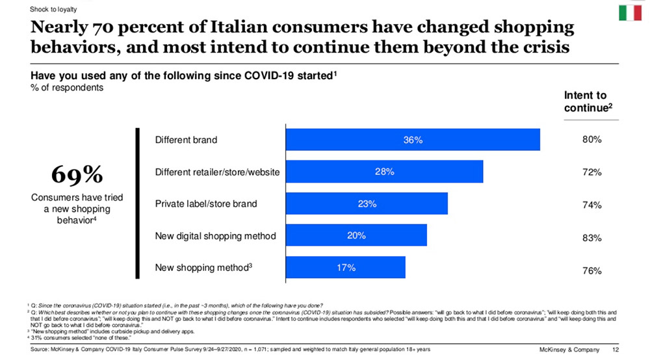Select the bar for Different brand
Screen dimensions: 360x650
click(413, 140)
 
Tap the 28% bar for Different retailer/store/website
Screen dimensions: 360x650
click(384, 172)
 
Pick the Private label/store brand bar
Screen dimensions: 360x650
click(367, 203)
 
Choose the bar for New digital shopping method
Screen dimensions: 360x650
click(356, 235)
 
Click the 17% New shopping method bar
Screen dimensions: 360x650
click(345, 267)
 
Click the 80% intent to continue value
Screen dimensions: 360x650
click(591, 140)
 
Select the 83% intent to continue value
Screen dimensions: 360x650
click(591, 238)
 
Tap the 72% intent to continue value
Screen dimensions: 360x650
click(591, 172)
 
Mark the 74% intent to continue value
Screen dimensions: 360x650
click(591, 205)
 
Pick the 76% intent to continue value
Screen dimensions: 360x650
click(591, 271)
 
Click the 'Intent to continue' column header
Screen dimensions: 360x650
click(585, 102)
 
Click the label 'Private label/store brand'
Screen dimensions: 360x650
click(206, 204)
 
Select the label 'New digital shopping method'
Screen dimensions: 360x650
click(215, 236)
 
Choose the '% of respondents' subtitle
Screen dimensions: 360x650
click(67, 88)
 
